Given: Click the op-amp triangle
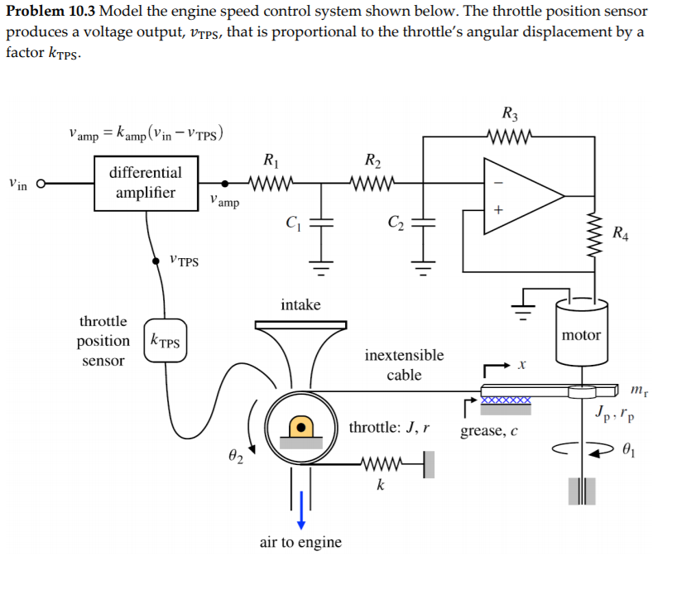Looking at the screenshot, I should click(521, 196).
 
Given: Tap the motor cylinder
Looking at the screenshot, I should click(581, 334).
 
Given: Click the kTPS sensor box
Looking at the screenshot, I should click(166, 341).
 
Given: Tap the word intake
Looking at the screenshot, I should click(300, 304).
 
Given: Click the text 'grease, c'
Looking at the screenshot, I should click(488, 430).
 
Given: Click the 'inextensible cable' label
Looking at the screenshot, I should click(404, 365).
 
